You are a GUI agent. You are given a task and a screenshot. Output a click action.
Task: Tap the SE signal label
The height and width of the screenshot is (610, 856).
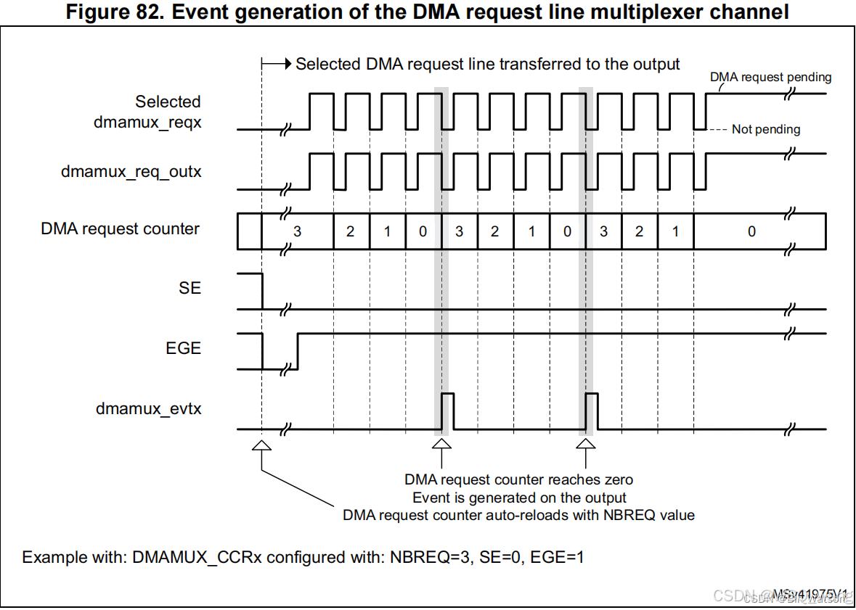(189, 288)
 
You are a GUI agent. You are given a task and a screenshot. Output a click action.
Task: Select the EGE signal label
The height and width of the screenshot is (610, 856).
(183, 348)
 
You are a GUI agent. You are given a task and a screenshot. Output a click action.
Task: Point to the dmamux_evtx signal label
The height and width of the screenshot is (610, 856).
(149, 409)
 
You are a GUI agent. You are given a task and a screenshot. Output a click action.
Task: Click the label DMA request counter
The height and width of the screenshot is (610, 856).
(121, 229)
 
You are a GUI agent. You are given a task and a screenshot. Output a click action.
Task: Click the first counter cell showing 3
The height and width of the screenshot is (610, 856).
(297, 231)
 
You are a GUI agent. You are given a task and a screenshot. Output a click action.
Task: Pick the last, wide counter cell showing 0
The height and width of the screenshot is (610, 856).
(751, 231)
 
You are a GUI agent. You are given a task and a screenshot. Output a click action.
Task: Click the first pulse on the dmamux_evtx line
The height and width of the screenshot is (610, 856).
(447, 411)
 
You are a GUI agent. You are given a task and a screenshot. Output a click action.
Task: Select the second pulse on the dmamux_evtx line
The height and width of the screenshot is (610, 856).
(591, 411)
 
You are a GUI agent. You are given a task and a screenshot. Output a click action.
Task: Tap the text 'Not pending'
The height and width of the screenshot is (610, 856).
(765, 129)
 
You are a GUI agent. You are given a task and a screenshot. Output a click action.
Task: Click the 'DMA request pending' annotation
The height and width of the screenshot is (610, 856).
(770, 77)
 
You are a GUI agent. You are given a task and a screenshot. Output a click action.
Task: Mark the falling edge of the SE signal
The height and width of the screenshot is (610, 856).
(261, 291)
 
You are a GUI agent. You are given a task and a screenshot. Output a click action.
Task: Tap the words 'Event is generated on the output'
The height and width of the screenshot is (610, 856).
(519, 498)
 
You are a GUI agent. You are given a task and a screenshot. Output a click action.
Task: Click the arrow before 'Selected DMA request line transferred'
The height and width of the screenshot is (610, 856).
(276, 64)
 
